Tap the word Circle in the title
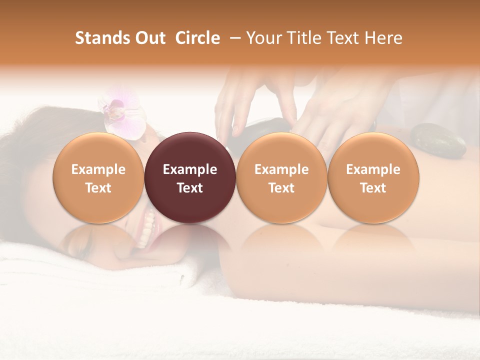click(x=197, y=38)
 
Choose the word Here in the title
click(x=384, y=38)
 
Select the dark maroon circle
click(x=190, y=177)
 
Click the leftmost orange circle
click(x=98, y=177)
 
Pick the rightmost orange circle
click(x=373, y=177)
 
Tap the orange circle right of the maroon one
click(x=281, y=177)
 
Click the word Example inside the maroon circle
click(x=190, y=169)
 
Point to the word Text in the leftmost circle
click(x=98, y=188)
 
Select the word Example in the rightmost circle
click(x=373, y=169)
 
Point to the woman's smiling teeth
click(x=148, y=227)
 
